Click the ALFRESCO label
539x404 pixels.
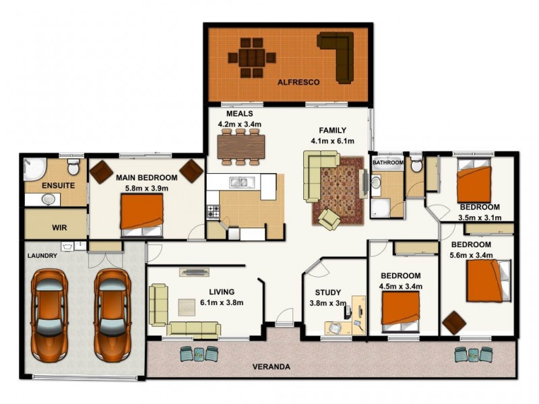298,82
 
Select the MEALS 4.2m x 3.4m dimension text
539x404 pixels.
239,125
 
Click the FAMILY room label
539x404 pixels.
333,131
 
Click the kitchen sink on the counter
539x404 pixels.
238,181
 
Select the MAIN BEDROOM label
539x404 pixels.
146,178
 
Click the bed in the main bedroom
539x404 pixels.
142,214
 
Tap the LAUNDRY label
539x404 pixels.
42,256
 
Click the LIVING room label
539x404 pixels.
222,292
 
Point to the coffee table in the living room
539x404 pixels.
187,306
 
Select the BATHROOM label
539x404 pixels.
389,163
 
